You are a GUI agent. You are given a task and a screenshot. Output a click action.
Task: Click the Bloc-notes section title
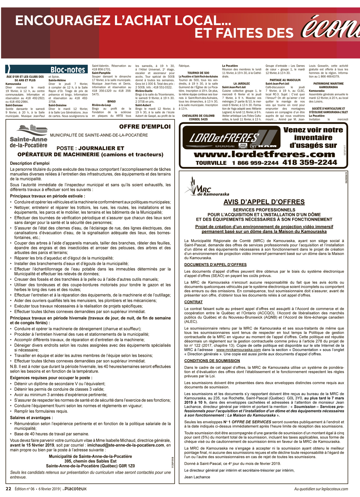(x=68, y=70)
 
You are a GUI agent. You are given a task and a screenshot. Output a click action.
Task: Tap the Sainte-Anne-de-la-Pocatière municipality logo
(x=28, y=136)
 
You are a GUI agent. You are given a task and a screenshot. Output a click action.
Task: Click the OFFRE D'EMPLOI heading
(x=145, y=127)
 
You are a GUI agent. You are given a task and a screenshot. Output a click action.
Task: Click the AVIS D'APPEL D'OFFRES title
(x=264, y=202)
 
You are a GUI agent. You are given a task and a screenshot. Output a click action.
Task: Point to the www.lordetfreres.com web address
(x=264, y=154)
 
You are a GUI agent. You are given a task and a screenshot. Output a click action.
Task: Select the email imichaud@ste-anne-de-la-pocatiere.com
(x=126, y=445)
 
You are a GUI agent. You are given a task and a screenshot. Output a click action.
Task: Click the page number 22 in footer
(x=8, y=489)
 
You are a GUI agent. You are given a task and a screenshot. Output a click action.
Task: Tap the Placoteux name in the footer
(x=75, y=489)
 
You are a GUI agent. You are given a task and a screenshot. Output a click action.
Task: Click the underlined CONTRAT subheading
(x=193, y=302)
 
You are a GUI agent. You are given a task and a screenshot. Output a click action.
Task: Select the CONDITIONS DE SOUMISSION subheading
(x=212, y=361)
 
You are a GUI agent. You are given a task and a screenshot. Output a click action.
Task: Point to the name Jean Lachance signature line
(x=197, y=477)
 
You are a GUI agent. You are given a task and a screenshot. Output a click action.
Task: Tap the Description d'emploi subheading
(x=30, y=163)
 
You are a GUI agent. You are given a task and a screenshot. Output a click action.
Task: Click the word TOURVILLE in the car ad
(x=211, y=163)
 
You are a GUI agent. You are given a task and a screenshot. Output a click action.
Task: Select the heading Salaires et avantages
(x=31, y=418)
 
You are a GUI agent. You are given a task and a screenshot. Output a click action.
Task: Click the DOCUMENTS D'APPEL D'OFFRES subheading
(x=215, y=265)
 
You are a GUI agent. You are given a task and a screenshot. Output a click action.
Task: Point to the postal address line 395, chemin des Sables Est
(x=90, y=461)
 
